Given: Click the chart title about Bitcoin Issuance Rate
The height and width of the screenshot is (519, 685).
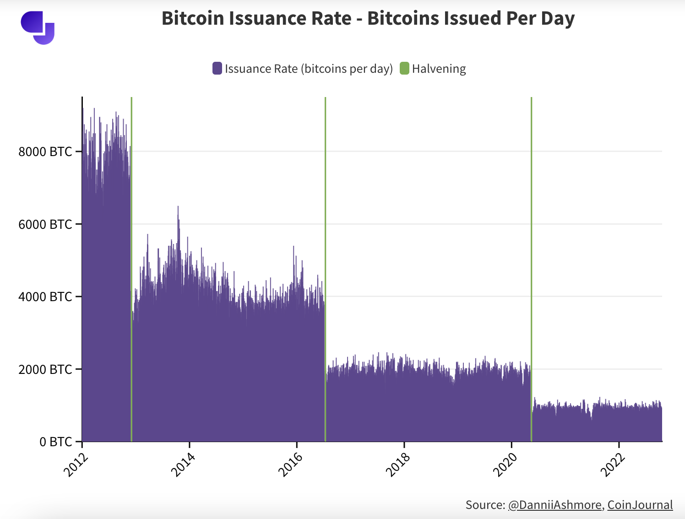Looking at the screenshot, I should click(368, 19).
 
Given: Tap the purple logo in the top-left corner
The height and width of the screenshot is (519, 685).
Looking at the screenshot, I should click(38, 27).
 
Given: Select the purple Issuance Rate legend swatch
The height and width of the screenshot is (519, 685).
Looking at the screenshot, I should click(217, 69).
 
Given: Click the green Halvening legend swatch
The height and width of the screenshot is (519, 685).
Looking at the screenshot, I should click(404, 69).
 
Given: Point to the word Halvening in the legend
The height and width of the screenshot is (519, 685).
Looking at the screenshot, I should click(439, 69).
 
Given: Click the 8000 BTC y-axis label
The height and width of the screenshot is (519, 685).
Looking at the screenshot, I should click(45, 151).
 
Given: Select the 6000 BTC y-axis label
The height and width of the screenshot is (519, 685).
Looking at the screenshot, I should click(45, 224).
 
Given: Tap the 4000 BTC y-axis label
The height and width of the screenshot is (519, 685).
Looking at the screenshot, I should click(45, 297).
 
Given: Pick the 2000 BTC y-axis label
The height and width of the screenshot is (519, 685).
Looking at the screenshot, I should click(45, 369).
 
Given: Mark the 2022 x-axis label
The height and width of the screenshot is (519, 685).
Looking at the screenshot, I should click(611, 464).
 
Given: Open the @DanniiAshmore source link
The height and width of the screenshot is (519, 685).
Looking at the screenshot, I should click(555, 505).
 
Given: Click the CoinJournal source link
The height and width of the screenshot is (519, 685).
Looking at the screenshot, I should click(640, 505).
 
